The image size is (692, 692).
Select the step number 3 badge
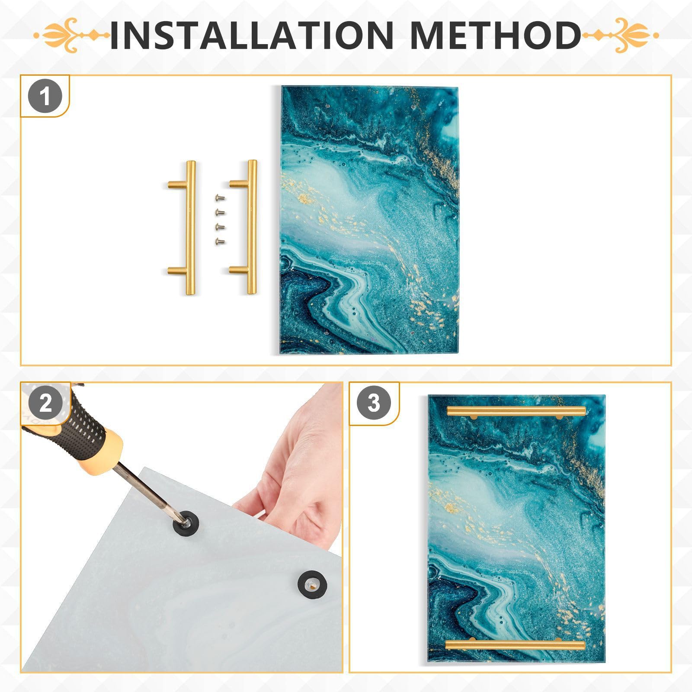click(374, 404)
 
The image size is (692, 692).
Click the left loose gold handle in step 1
click(189, 227)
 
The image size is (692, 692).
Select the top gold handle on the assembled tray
click(516, 411)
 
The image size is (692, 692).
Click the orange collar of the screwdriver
click(104, 450)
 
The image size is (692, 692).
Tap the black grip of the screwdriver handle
click(78, 422)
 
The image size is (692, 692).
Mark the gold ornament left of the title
click(69, 35)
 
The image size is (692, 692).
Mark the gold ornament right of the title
click(623, 35)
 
